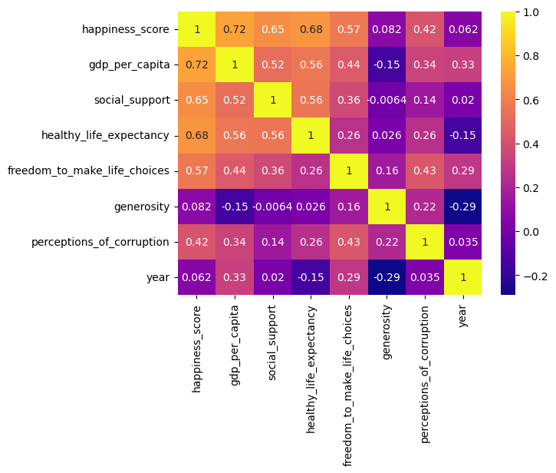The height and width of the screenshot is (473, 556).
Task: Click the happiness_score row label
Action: pos(127,30)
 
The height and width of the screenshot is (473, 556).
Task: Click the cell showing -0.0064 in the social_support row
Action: pos(387,101)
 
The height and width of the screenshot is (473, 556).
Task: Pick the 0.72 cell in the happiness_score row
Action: pos(235,30)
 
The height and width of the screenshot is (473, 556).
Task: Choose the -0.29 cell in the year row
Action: pos(387,277)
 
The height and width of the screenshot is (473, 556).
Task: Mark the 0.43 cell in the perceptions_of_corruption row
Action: pos(349,242)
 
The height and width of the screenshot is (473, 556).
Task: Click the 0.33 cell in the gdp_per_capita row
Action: pos(462,65)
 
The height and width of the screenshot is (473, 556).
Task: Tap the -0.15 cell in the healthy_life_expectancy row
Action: pos(462,136)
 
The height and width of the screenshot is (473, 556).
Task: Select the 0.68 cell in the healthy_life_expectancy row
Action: pos(197,136)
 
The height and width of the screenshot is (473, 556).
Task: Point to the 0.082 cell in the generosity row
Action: pos(197,207)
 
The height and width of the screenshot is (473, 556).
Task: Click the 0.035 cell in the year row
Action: pos(425,277)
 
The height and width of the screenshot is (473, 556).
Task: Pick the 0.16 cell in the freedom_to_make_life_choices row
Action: pos(387,171)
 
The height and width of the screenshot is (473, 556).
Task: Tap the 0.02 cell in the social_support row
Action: pos(462,101)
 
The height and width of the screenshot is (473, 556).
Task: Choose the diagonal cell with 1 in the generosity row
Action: pos(387,207)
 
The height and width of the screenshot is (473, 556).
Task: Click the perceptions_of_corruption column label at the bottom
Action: pos(425,360)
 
